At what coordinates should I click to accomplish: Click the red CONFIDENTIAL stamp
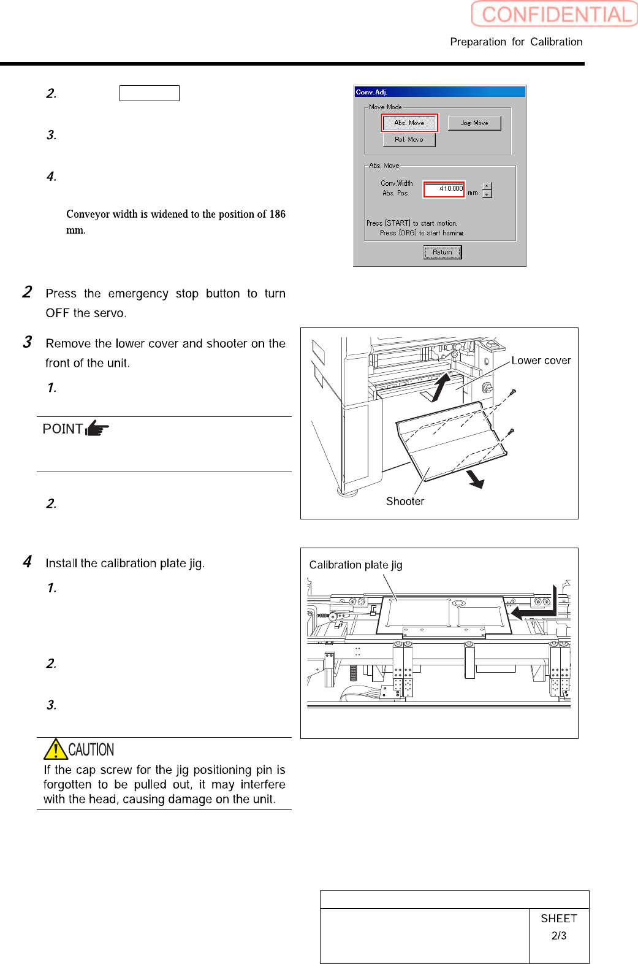555,14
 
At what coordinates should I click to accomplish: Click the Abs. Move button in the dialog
409,123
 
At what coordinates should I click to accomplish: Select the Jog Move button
474,123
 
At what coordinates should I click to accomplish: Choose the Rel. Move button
409,140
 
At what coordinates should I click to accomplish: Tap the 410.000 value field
444,189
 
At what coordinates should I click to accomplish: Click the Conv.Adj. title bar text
372,92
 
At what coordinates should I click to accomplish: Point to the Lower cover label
541,361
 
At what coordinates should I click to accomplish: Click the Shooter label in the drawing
405,502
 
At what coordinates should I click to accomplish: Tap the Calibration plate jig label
355,565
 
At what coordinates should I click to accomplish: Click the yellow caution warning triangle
55,749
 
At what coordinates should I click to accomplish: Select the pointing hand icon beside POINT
97,428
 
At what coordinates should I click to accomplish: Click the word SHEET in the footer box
559,919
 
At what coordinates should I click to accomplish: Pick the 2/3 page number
559,936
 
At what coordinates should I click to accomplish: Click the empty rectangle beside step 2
150,93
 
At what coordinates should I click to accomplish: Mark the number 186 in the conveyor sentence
277,214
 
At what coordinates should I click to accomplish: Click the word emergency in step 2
138,294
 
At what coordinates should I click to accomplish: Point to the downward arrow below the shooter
476,479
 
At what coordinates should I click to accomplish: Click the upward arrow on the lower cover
441,387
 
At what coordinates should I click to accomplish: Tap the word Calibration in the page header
556,42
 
